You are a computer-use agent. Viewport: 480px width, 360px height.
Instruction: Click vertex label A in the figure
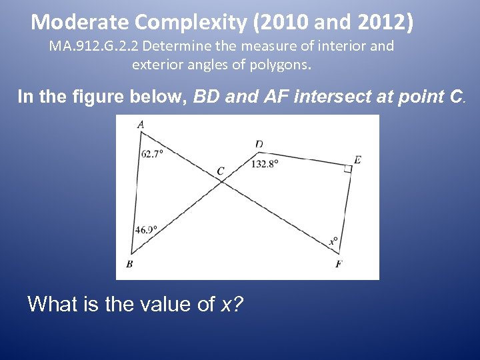coord(140,124)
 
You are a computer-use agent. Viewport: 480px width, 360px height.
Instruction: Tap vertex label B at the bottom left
coord(129,264)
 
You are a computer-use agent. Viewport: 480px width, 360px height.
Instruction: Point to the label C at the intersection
coord(221,171)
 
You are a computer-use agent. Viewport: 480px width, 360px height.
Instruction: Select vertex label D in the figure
coord(259,144)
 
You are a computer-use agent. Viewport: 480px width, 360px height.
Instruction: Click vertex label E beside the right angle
coord(358,160)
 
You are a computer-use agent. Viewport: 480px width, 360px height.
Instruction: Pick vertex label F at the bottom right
coord(339,264)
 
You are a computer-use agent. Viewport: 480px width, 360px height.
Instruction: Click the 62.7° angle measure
coord(152,153)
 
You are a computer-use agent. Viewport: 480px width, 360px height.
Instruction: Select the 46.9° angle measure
coord(146,230)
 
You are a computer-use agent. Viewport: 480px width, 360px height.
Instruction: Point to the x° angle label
coord(333,241)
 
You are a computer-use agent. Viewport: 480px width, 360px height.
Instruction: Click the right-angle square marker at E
coord(347,169)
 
